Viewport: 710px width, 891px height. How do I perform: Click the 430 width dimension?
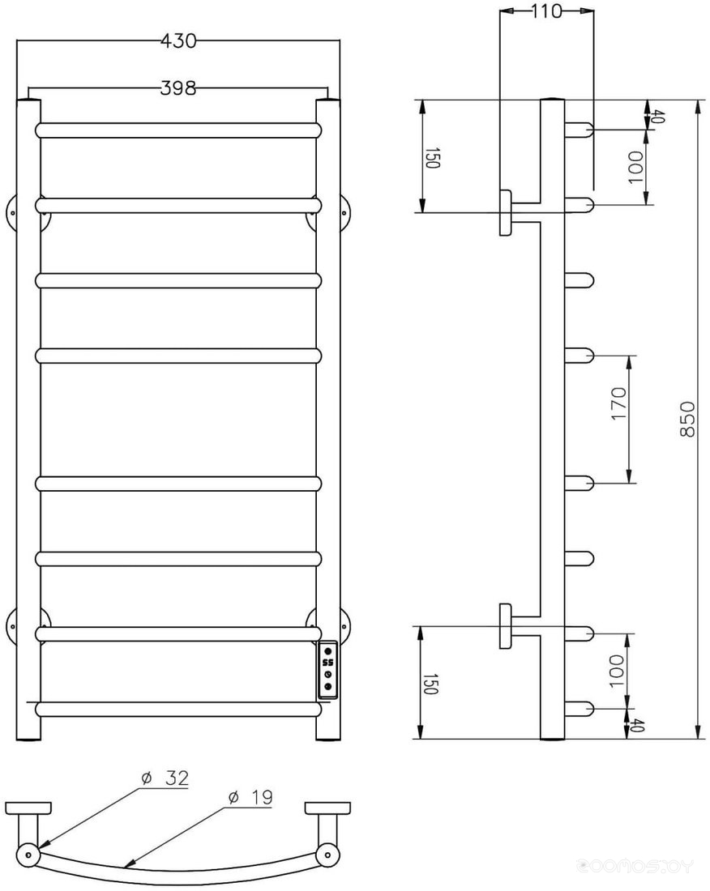[178, 41]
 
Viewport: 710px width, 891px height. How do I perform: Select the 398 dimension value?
[178, 88]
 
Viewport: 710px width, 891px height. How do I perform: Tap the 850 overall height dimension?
[687, 419]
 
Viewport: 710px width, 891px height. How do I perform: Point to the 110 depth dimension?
[546, 11]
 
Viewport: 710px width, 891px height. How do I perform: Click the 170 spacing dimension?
[619, 403]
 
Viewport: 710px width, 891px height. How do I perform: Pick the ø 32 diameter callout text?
[165, 778]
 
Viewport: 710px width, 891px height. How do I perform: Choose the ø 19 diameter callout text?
[250, 797]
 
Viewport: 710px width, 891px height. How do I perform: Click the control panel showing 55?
[328, 669]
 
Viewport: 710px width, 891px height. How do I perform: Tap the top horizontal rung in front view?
[178, 130]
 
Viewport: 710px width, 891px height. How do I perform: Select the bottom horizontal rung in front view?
[178, 709]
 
